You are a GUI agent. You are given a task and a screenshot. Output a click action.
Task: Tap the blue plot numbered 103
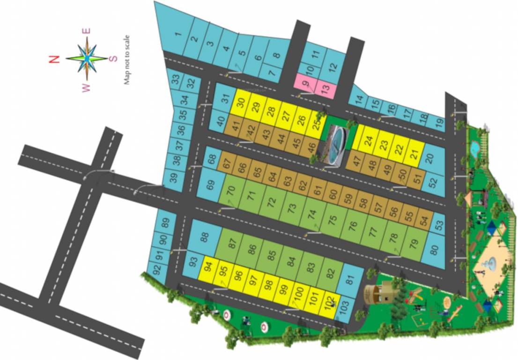coord(344,310)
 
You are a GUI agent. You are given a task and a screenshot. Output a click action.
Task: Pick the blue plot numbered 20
coord(430,158)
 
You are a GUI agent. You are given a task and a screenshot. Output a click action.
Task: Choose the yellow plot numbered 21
coord(414,153)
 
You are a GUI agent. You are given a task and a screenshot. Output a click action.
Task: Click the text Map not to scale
coord(126,60)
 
